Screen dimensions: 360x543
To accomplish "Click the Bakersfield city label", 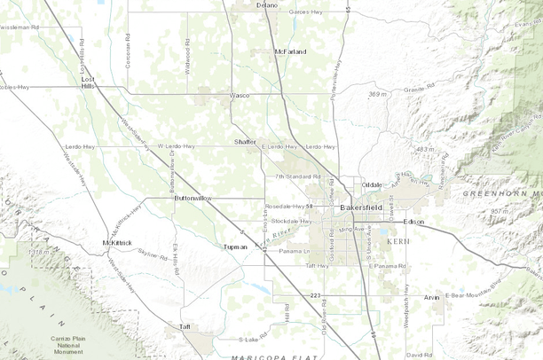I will pos(361,207).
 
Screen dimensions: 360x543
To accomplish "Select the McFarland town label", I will pos(290,51).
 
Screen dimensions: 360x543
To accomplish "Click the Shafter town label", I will pos(246,141).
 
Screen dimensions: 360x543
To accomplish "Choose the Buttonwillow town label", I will pos(193,198).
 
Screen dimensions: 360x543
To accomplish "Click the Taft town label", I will pos(185,326).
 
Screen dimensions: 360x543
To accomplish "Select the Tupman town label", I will pos(235,247).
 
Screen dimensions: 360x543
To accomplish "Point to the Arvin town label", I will pos(431,297).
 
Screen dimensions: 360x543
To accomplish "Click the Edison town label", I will pos(413,221).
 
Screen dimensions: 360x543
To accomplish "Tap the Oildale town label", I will pos(372,184).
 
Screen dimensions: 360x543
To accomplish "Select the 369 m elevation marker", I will pos(378,93).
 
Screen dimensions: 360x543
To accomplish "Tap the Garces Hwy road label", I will pos(306,12).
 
